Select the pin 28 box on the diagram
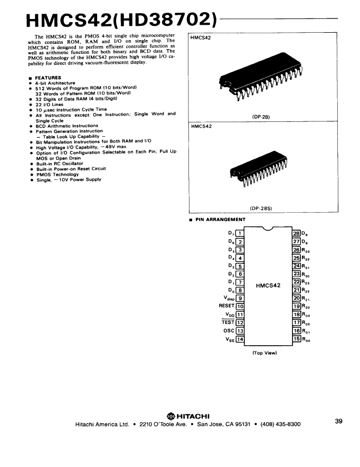click(x=296, y=233)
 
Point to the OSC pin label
click(x=229, y=330)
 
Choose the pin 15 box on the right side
click(x=296, y=339)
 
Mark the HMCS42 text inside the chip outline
click(x=268, y=286)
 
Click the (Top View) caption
click(x=265, y=352)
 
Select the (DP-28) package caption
click(x=262, y=117)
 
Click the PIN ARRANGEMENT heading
click(x=220, y=220)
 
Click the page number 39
click(x=338, y=421)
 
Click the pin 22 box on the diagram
click(x=296, y=282)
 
